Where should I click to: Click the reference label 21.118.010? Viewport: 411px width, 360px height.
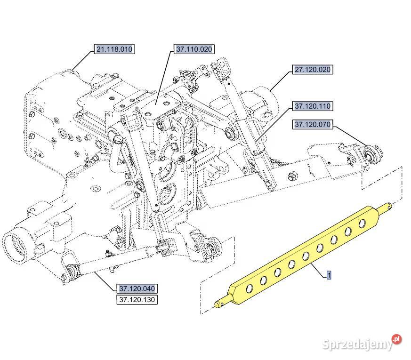coord(114,49)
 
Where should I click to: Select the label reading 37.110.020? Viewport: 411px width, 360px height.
coord(194,49)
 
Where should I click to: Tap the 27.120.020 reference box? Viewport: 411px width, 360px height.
coord(313,70)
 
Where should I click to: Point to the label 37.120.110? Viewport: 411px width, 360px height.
coord(313,106)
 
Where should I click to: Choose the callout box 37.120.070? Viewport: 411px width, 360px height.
coord(313,125)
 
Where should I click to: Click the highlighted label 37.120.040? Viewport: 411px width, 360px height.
coord(137,288)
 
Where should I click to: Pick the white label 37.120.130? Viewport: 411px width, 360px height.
coord(137,299)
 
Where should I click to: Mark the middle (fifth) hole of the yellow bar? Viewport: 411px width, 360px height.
coord(306,256)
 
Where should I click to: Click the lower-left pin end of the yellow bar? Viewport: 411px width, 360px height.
coord(218,304)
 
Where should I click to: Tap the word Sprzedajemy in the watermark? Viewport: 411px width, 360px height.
coord(358,344)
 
